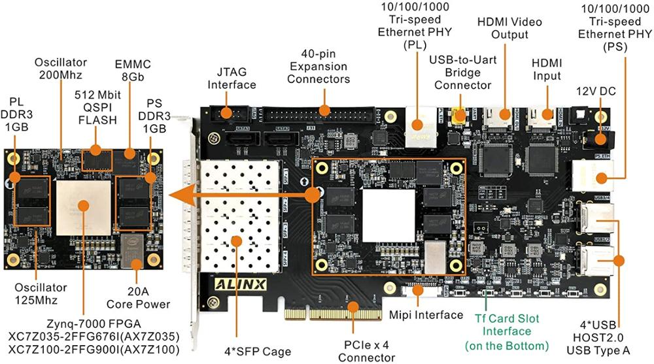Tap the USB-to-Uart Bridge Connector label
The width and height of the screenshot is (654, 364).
(x=462, y=73)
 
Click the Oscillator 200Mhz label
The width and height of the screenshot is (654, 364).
(x=61, y=69)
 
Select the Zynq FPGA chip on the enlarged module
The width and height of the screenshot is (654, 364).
(x=83, y=203)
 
